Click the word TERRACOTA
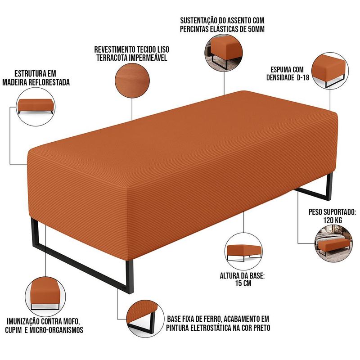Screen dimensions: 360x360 (x=112, y=58)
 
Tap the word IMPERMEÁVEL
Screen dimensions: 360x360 (x=148, y=58)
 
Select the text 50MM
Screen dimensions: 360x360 (x=256, y=29)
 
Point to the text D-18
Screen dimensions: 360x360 (x=303, y=77)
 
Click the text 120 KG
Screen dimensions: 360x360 (x=333, y=220)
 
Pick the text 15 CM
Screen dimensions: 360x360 (x=243, y=283)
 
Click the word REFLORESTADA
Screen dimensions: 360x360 (x=51, y=82)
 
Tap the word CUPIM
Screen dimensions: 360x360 (x=13, y=330)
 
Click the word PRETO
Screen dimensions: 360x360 (x=262, y=328)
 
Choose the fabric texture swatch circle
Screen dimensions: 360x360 (x=132, y=81)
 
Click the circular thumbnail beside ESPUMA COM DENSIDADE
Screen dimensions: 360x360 (x=330, y=71)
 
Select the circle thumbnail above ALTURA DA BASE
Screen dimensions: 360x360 (x=243, y=251)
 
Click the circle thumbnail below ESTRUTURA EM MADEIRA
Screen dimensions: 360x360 (x=36, y=107)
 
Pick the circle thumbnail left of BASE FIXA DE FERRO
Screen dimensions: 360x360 (x=145, y=319)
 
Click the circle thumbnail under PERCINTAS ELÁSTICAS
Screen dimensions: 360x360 (x=224, y=53)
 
